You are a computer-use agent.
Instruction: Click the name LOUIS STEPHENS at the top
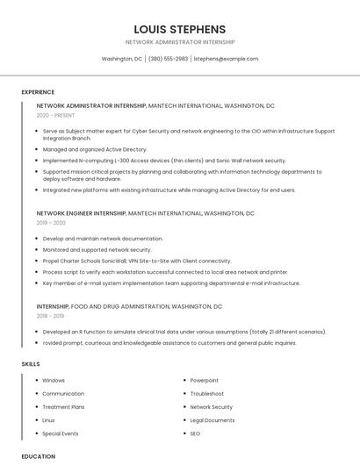pyautogui.click(x=180, y=29)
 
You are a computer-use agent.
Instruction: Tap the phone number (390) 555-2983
pyautogui.click(x=168, y=59)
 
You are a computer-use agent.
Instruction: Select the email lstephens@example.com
pyautogui.click(x=226, y=59)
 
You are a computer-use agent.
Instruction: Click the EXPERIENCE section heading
pyautogui.click(x=38, y=92)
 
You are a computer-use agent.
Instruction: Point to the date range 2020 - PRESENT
pyautogui.click(x=55, y=116)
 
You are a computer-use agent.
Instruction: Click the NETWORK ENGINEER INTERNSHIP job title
pyautogui.click(x=82, y=213)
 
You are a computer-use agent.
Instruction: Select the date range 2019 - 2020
pyautogui.click(x=51, y=223)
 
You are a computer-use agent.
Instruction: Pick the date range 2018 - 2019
pyautogui.click(x=50, y=316)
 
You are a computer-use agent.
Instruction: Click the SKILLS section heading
pyautogui.click(x=31, y=363)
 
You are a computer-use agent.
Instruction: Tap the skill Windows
pyautogui.click(x=54, y=381)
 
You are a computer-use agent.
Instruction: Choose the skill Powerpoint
pyautogui.click(x=205, y=381)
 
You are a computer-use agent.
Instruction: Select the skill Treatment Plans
pyautogui.click(x=63, y=407)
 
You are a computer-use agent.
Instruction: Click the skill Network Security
pyautogui.click(x=212, y=407)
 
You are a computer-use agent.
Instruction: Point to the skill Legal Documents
pyautogui.click(x=212, y=420)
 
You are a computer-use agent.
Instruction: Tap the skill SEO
pyautogui.click(x=195, y=433)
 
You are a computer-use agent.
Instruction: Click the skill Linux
pyautogui.click(x=48, y=420)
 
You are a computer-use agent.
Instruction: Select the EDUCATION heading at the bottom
pyautogui.click(x=38, y=456)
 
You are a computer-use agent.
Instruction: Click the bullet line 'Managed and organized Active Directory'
pyautogui.click(x=95, y=150)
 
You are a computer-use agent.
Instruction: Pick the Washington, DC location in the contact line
pyautogui.click(x=122, y=59)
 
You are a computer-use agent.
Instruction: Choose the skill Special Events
pyautogui.click(x=61, y=433)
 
